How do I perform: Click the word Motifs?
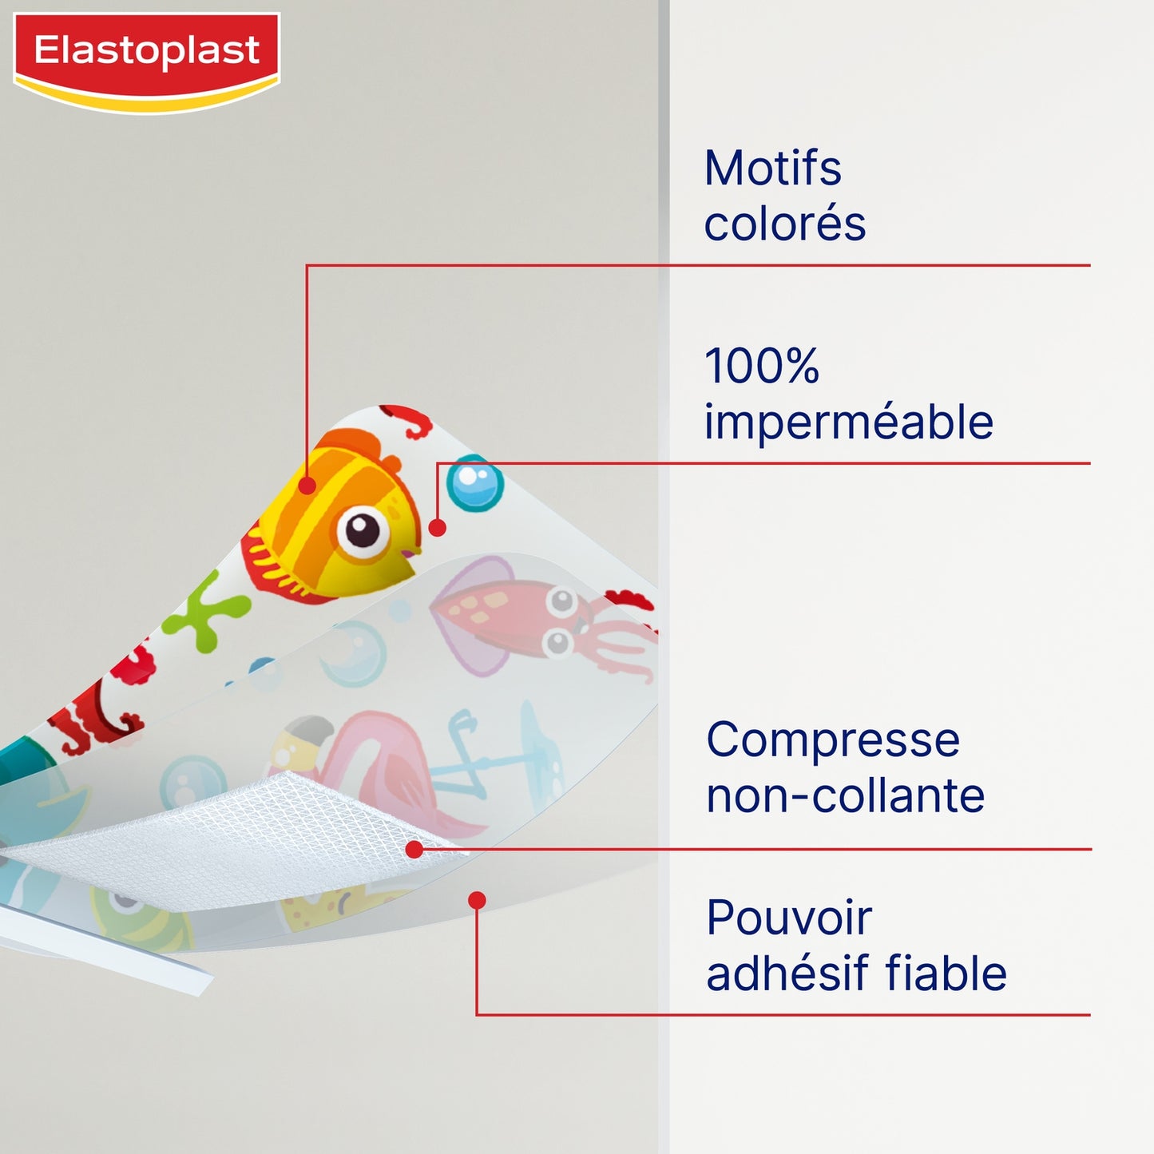[x=772, y=169]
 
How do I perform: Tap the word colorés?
[x=784, y=224]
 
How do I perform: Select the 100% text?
[x=762, y=366]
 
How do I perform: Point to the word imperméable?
[x=848, y=422]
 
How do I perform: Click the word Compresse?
[x=832, y=740]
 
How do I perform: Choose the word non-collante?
[x=845, y=795]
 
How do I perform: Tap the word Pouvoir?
[x=789, y=918]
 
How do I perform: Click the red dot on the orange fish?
[x=307, y=485]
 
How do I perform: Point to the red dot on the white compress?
[x=414, y=850]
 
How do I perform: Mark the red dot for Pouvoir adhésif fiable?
[x=477, y=901]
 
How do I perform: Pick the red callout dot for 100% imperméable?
[x=437, y=528]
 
